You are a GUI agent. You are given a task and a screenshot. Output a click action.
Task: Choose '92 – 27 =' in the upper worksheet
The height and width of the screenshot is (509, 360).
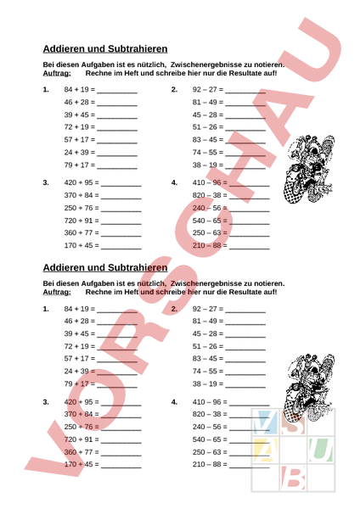(207, 89)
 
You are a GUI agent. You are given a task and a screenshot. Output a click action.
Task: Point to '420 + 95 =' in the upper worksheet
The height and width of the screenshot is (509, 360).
(82, 182)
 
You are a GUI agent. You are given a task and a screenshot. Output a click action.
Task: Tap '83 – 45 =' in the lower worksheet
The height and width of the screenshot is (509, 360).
(207, 358)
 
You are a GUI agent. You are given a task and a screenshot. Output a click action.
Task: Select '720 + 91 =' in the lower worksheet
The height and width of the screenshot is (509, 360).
(82, 439)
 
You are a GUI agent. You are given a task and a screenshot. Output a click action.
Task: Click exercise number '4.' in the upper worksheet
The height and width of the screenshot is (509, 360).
(174, 182)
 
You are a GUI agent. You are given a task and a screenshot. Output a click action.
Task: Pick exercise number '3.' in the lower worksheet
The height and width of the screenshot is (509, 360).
(46, 401)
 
